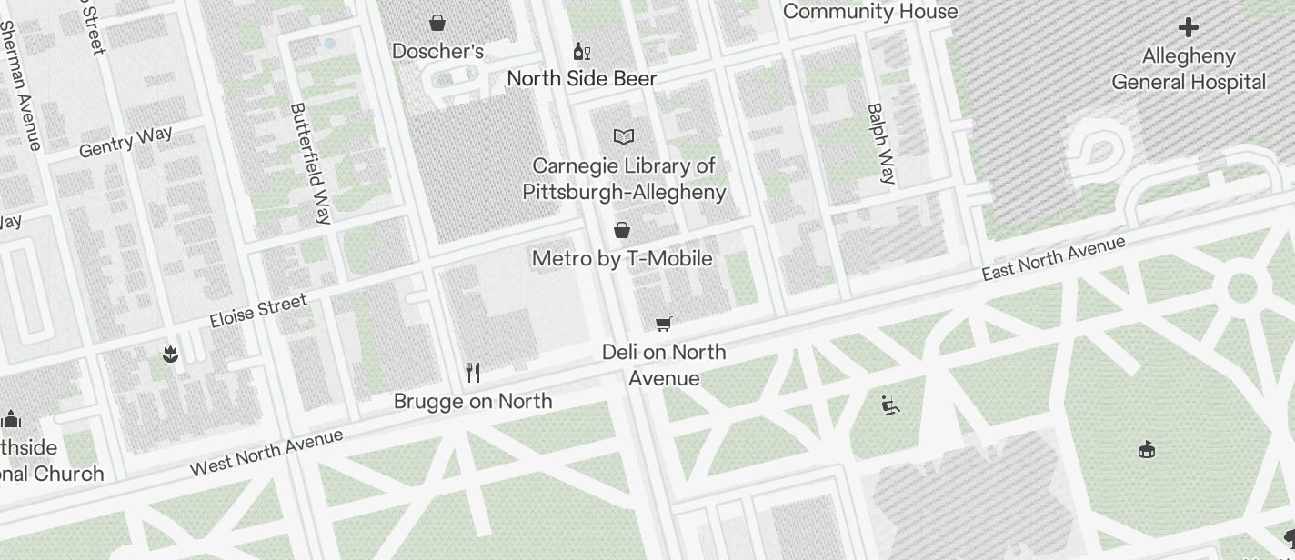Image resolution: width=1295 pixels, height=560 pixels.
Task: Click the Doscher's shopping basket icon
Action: click(437, 23)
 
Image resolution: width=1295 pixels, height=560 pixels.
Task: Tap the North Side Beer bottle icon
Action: click(581, 52)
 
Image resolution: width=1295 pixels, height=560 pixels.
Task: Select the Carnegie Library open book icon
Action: click(623, 137)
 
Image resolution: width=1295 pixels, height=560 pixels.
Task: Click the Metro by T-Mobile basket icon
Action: click(622, 230)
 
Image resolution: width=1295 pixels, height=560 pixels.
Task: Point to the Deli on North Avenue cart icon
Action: click(664, 325)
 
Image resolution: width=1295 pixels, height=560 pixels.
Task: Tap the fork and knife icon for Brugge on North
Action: click(473, 373)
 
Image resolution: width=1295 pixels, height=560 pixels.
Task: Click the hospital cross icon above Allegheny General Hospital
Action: click(1188, 27)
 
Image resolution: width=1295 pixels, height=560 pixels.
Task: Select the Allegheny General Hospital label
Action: click(1188, 69)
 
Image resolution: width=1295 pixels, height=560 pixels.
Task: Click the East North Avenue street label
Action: click(1054, 258)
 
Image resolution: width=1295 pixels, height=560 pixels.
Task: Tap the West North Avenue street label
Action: click(266, 453)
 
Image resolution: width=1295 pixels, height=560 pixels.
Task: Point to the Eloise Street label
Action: click(258, 311)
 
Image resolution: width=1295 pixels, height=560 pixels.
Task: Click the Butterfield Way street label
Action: click(310, 163)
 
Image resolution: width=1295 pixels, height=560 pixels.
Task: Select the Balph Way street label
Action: click(880, 144)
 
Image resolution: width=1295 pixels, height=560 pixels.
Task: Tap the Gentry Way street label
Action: click(125, 142)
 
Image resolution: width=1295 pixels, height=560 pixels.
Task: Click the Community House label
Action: click(869, 12)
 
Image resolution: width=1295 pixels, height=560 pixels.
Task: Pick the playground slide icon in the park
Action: click(890, 405)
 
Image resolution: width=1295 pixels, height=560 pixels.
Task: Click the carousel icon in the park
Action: click(1147, 449)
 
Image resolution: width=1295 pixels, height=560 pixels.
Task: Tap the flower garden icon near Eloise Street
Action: click(170, 355)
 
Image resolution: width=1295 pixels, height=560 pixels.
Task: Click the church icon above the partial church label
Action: click(11, 419)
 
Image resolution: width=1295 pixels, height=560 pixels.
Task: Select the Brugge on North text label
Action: click(473, 401)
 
